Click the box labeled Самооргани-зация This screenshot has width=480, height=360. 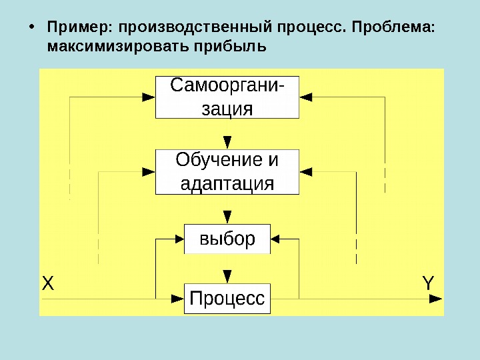(227, 97)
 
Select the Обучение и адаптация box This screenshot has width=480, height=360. (227, 171)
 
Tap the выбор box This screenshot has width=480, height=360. (227, 239)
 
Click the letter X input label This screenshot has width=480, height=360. (47, 283)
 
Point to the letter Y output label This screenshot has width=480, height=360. (428, 283)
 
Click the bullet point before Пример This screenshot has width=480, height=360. (32, 29)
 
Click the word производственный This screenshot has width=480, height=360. (191, 29)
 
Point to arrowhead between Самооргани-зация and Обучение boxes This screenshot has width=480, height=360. (227, 142)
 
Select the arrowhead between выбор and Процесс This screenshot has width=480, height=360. (227, 276)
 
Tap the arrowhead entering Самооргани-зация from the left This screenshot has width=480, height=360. (149, 97)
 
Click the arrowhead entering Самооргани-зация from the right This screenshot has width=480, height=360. (306, 97)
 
